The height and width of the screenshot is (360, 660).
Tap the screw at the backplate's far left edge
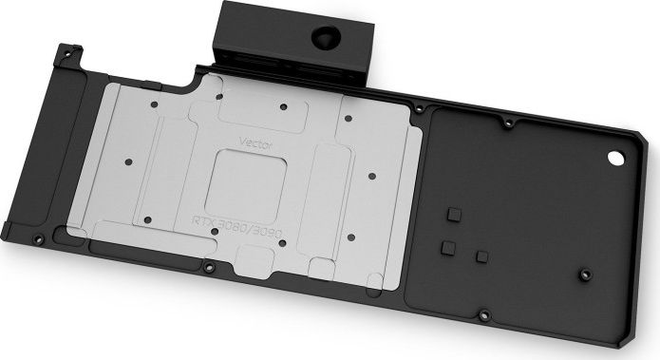coord(37,237)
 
